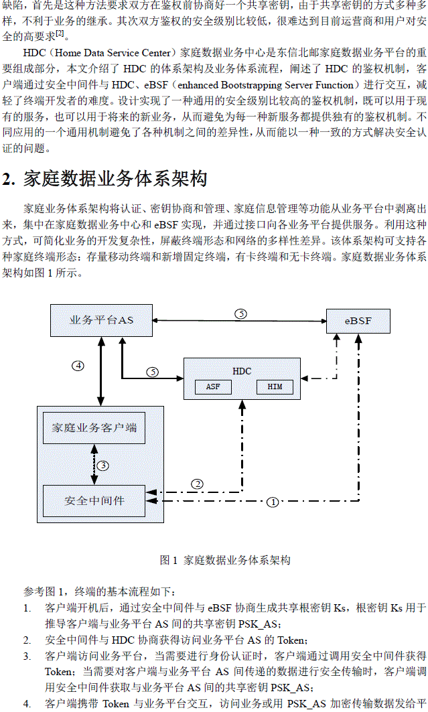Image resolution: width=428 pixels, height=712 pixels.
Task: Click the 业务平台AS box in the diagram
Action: pos(101,320)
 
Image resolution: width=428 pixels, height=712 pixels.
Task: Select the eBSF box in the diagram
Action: pos(358,321)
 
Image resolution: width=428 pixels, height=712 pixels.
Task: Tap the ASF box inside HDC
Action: pos(213,387)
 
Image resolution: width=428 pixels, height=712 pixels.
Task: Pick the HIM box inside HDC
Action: pos(275,387)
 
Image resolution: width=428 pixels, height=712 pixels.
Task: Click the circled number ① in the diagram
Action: pos(273,502)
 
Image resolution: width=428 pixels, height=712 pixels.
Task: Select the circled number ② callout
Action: pos(198,484)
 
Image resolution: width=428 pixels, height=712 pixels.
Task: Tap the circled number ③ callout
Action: pos(102,466)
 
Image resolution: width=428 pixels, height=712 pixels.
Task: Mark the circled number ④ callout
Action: pos(78,366)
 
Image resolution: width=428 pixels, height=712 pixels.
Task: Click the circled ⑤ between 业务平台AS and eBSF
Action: pos(241,313)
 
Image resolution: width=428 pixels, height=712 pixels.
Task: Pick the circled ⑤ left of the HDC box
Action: pos(153,372)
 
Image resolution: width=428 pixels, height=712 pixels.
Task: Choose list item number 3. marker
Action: pos(27,656)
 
